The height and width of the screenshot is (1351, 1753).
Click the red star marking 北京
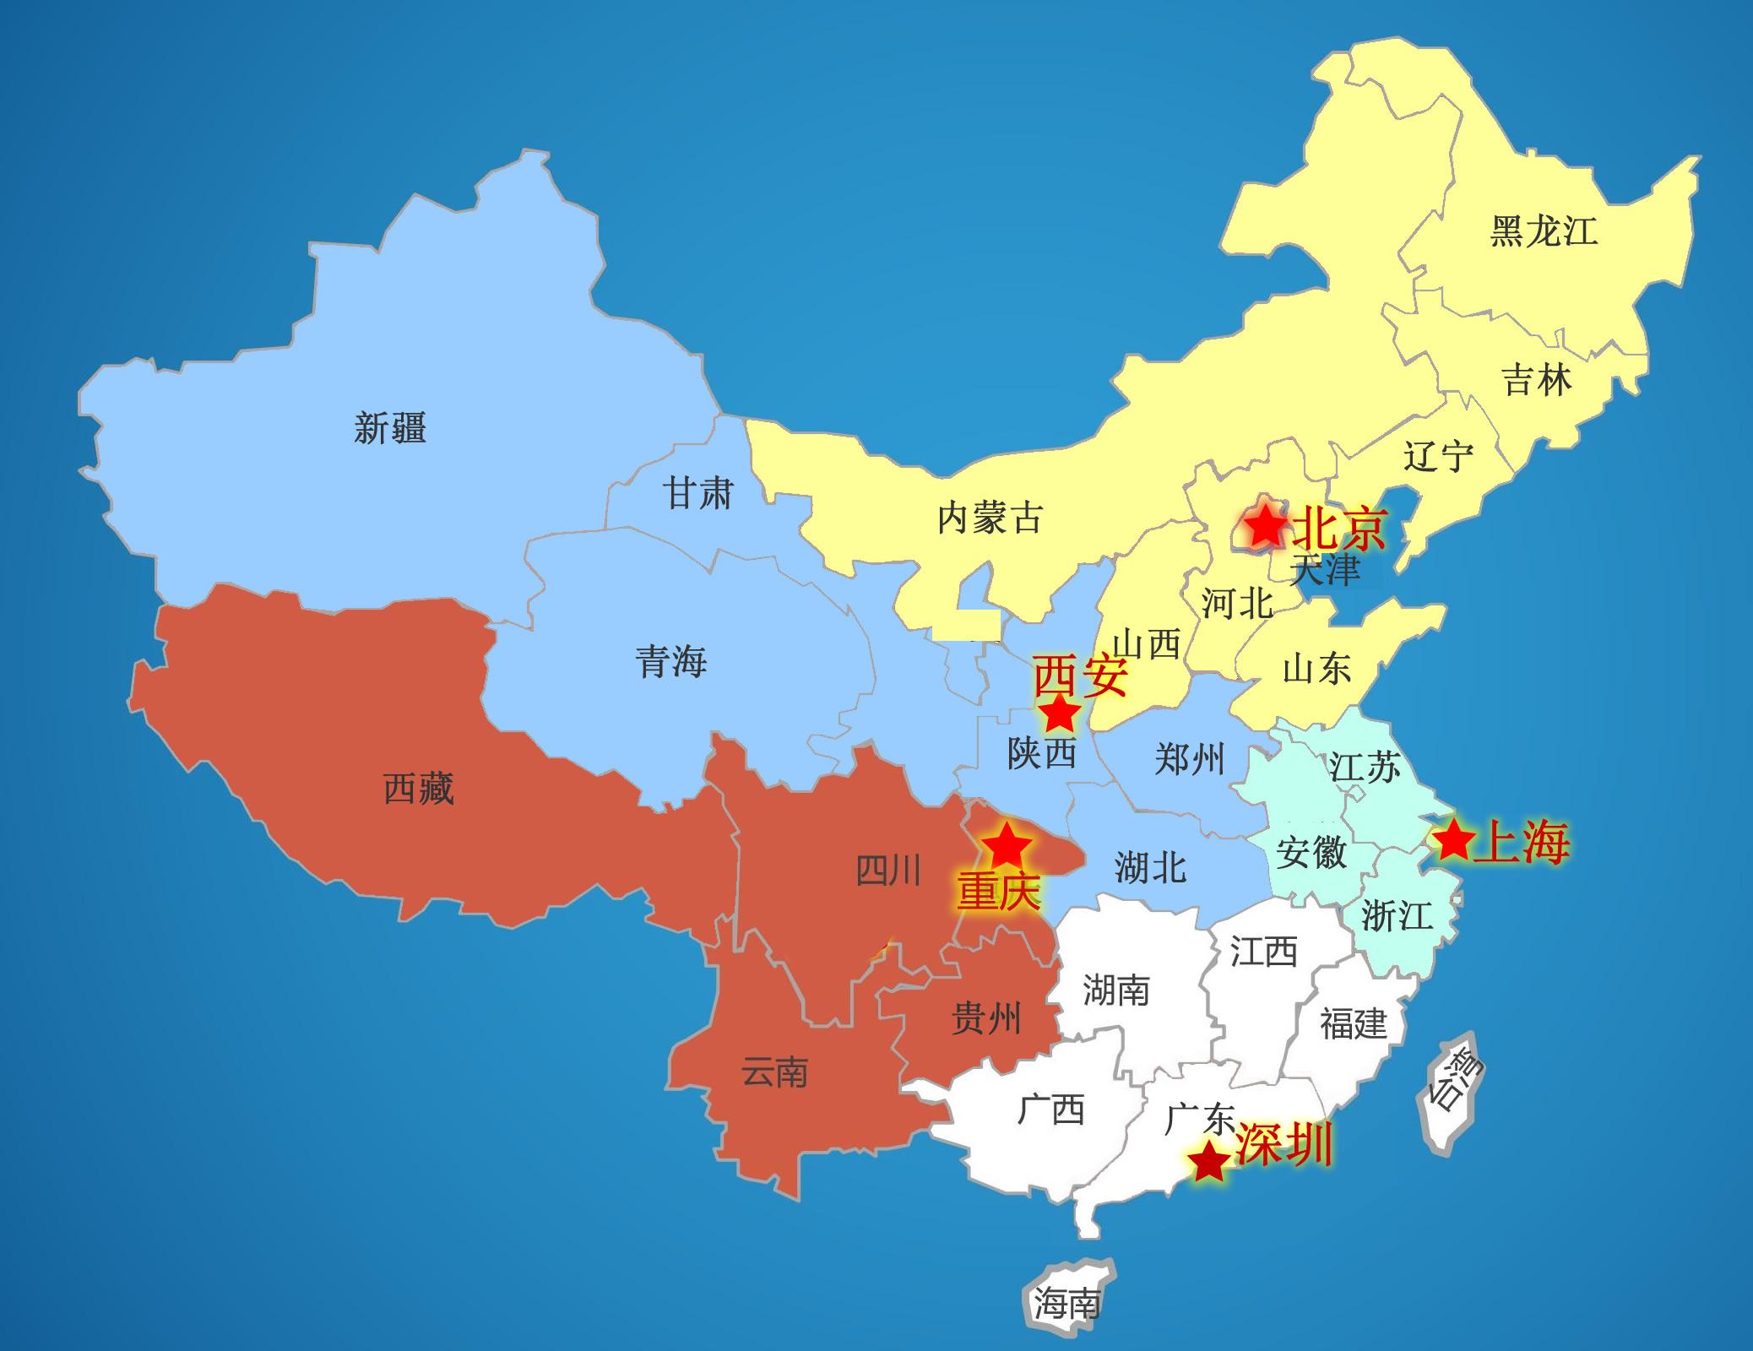[x=1264, y=526]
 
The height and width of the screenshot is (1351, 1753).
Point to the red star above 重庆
[x=1006, y=845]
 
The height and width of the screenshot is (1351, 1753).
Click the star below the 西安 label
[x=1060, y=714]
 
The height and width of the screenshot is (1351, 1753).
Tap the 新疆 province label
[x=390, y=428]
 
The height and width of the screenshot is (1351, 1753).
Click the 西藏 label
[x=419, y=789]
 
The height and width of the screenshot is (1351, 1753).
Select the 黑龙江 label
[x=1544, y=231]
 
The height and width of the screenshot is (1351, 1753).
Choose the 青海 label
[x=671, y=661]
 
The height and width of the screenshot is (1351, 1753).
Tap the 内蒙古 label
[x=990, y=518]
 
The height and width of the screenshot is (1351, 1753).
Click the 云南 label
[x=774, y=1072]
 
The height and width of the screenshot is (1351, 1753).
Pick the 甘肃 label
[x=697, y=493]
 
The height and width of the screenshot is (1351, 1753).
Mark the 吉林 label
[x=1537, y=380]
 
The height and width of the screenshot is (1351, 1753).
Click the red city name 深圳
[x=1284, y=1146]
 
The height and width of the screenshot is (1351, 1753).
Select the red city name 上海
[x=1522, y=842]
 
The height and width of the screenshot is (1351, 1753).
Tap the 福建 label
[x=1354, y=1023]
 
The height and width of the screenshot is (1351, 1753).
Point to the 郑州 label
[x=1189, y=760]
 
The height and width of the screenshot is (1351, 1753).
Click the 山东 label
[x=1316, y=669]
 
